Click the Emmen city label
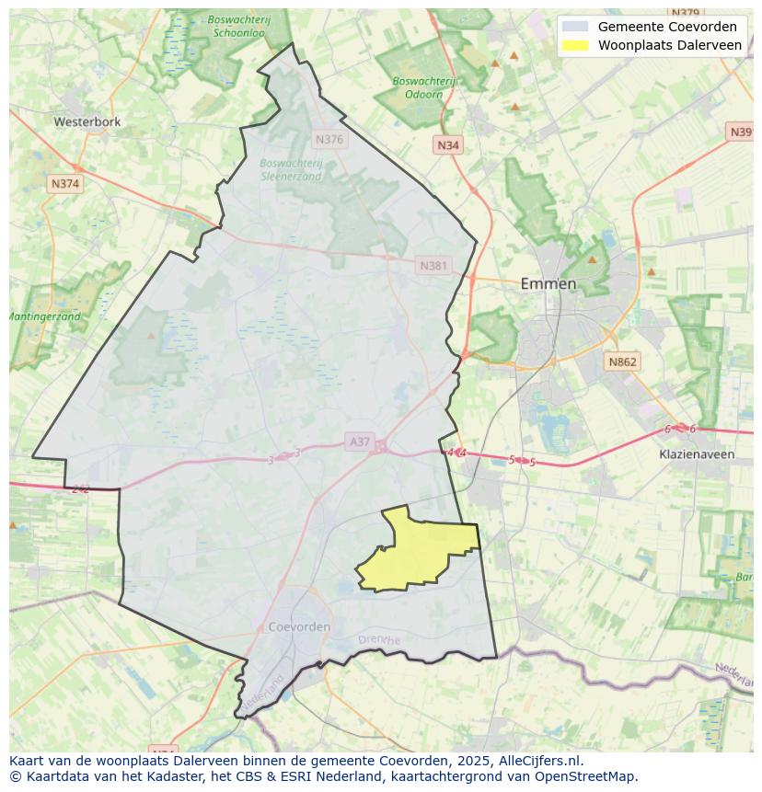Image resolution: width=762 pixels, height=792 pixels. coord(548,283)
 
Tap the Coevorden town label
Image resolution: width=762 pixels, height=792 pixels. coord(299,626)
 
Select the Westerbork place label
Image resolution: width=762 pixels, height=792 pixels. coord(87,121)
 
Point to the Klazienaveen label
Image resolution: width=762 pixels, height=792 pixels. coord(697,454)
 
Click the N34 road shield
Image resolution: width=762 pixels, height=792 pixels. coord(447,145)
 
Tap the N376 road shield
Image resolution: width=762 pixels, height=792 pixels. coord(329,140)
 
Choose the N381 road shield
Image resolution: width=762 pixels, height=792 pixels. coord(433,266)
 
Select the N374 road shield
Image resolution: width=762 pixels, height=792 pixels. coord(65,184)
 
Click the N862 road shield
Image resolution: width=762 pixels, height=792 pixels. coord(622,362)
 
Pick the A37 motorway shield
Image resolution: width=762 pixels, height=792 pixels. coord(359,442)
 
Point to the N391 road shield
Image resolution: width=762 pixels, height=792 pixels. coord(741,132)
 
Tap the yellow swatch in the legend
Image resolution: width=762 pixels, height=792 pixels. coord(575,45)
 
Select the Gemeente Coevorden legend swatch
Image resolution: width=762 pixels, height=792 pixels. coord(575,27)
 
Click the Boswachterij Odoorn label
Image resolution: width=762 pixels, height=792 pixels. coord(423,87)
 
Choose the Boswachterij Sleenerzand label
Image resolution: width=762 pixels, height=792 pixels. coord(291,169)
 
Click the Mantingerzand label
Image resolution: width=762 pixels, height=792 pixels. coord(44,316)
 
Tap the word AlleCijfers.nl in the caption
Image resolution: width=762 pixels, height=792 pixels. coord(539,761)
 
